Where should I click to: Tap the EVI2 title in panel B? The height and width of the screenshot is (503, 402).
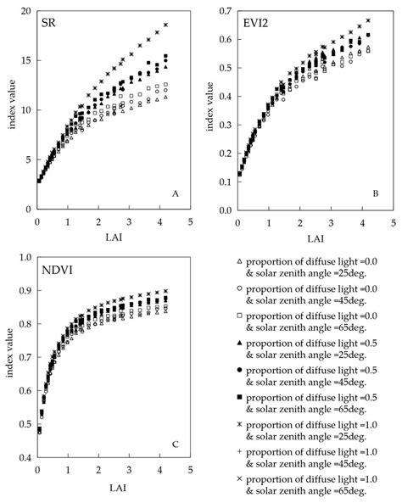[x=259, y=22]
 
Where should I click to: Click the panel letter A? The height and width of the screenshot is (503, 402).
[x=176, y=193]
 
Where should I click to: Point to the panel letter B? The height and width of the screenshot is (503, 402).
[x=377, y=194]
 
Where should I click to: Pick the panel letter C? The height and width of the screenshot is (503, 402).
[x=175, y=443]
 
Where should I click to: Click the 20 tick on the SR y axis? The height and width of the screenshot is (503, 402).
[x=25, y=11]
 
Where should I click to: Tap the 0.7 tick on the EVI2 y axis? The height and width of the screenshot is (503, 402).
[x=224, y=11]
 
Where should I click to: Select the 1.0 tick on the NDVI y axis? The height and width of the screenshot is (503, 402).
[x=25, y=257]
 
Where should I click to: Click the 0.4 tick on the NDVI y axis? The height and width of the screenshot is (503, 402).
[x=25, y=458]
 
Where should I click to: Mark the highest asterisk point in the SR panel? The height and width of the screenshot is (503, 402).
[x=166, y=25]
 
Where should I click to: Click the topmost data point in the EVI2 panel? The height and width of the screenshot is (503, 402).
[x=367, y=20]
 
